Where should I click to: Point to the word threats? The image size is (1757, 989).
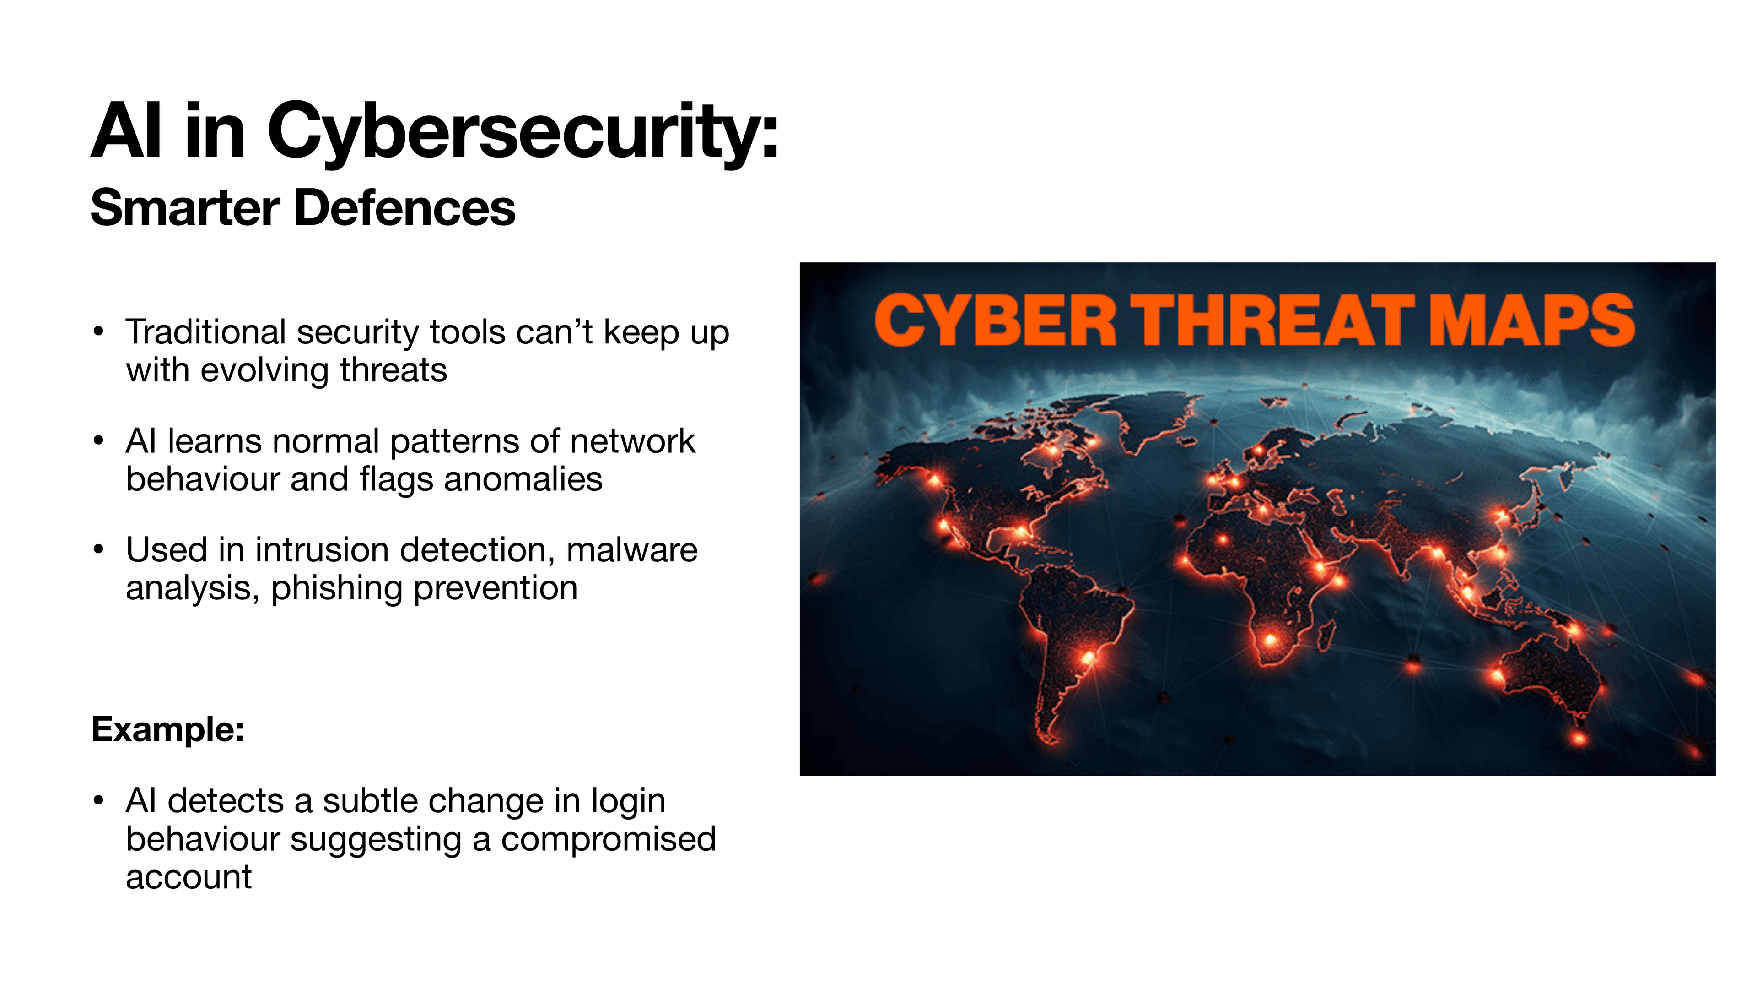pyautogui.click(x=393, y=370)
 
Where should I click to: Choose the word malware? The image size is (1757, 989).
pyautogui.click(x=631, y=550)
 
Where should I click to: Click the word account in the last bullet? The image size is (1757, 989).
pyautogui.click(x=189, y=877)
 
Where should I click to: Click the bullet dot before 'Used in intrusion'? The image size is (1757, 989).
pyautogui.click(x=99, y=549)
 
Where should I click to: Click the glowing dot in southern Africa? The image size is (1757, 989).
pyautogui.click(x=1270, y=640)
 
